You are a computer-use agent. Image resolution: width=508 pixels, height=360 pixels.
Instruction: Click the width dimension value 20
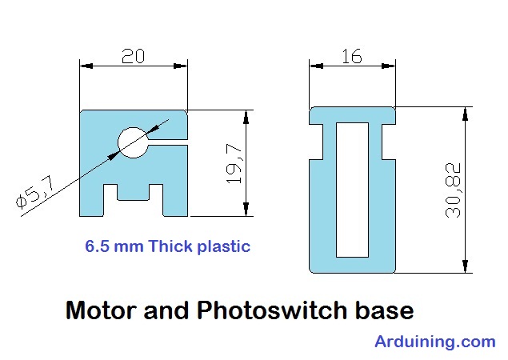coord(133,56)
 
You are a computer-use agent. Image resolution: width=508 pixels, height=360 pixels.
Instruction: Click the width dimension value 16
coord(351,56)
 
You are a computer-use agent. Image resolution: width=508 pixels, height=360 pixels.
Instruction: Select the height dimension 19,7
coord(234,163)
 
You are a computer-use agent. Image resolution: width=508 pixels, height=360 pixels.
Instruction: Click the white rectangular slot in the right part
coord(353,190)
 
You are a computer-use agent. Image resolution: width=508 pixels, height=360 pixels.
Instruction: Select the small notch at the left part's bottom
coord(133,193)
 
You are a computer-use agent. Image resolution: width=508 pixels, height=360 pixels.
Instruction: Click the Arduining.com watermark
coord(434,342)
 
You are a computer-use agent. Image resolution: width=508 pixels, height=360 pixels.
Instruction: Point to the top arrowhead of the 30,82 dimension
coord(463,114)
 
